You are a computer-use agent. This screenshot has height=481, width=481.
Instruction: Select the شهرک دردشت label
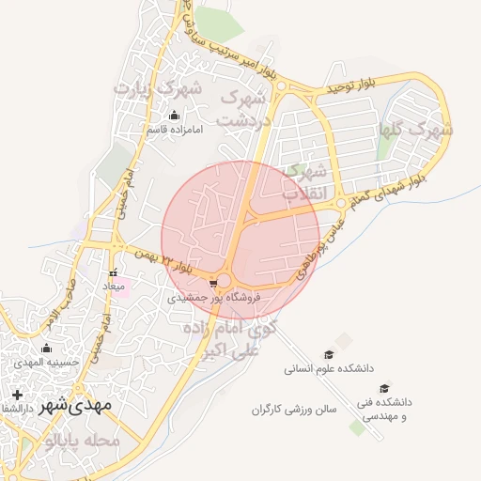[243, 108]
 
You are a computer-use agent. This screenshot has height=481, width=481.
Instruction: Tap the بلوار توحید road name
[349, 86]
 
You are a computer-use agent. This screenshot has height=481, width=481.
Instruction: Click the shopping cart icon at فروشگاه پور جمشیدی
[215, 282]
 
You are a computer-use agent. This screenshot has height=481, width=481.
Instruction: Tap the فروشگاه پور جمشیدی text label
[213, 298]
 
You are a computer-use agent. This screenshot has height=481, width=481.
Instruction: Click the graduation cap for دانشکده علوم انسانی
[329, 354]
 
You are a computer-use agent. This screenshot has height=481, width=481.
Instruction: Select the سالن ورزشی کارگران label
[294, 410]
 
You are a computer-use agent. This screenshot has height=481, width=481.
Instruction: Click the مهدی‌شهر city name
[76, 404]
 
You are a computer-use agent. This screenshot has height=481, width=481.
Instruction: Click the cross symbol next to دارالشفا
[16, 395]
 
